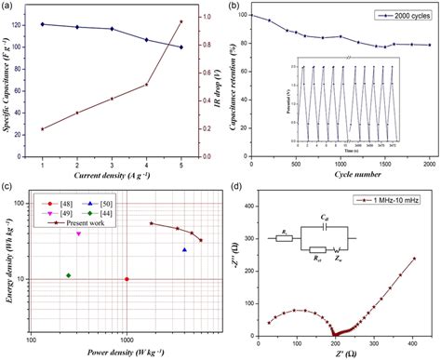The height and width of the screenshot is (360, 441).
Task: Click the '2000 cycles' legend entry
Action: [x=406, y=16]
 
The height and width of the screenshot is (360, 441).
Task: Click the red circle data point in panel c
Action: [x=127, y=279]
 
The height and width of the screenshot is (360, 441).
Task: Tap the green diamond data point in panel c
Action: [x=69, y=249]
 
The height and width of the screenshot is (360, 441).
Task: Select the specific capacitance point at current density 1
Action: [x=43, y=24]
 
